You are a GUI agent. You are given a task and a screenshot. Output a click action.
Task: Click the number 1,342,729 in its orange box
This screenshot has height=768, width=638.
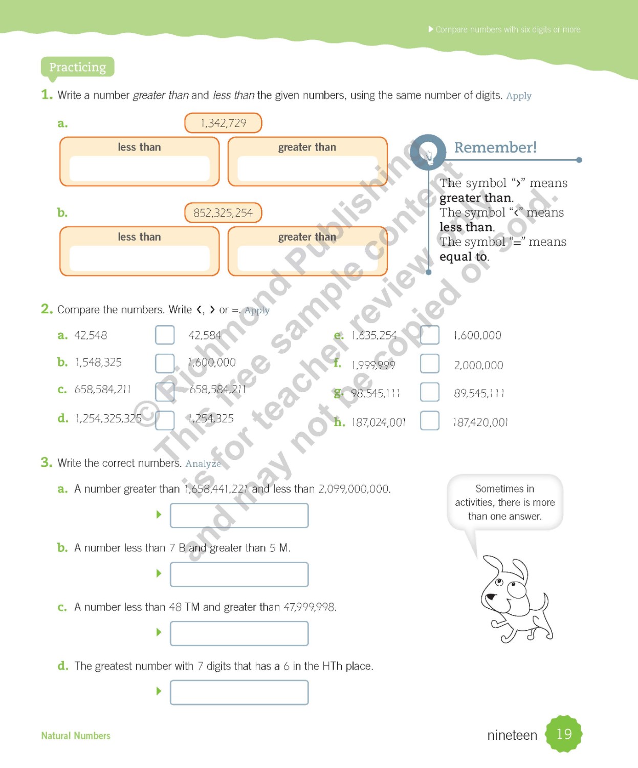click(x=223, y=123)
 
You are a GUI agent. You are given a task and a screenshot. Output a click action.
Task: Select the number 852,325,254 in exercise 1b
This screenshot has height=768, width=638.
click(x=223, y=213)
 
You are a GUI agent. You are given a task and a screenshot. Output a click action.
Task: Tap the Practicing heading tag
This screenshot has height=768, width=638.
click(x=77, y=67)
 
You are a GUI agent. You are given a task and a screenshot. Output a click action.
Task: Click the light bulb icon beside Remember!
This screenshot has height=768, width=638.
click(x=428, y=153)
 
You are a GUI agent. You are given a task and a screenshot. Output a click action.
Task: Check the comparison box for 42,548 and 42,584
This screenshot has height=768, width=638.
click(x=165, y=335)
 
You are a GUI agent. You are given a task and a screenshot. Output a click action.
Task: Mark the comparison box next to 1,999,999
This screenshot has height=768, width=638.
click(x=429, y=364)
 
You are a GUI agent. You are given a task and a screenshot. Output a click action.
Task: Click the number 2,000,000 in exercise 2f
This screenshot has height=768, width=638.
click(x=478, y=365)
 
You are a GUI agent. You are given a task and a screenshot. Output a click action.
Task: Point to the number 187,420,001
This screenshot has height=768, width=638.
click(x=480, y=422)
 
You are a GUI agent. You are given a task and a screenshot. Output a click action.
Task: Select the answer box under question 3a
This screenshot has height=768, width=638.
click(x=239, y=515)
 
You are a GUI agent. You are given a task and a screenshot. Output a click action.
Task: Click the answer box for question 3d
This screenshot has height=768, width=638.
click(x=239, y=692)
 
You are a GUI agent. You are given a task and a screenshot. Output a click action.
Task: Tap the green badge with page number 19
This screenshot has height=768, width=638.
click(x=563, y=734)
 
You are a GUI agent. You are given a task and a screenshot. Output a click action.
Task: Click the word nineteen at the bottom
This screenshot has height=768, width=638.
click(x=512, y=735)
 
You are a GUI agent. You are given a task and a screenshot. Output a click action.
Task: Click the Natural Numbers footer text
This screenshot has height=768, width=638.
click(x=76, y=736)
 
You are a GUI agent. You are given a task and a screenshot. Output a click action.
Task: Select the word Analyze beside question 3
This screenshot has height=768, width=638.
click(x=203, y=463)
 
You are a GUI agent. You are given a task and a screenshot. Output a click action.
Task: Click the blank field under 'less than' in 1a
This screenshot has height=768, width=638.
click(x=139, y=169)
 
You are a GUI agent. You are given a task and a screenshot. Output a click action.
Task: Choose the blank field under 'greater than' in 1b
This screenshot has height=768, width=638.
click(x=307, y=259)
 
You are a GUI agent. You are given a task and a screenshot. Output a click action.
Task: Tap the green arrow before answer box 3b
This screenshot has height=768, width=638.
click(x=159, y=573)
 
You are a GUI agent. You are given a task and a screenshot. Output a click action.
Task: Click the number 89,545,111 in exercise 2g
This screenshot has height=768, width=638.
click(x=479, y=393)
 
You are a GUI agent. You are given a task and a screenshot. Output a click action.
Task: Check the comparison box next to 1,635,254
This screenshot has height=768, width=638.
click(x=429, y=335)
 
